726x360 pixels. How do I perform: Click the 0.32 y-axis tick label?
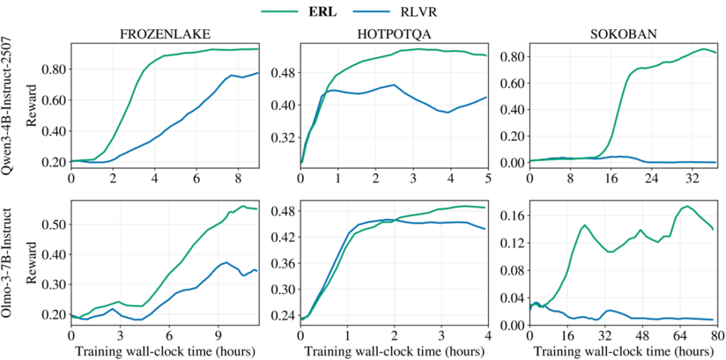click(x=282, y=137)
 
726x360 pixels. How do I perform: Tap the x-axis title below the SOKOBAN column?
click(x=622, y=349)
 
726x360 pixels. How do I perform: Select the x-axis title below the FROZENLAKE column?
click(x=164, y=349)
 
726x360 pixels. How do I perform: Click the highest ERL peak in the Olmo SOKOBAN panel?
click(x=686, y=206)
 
